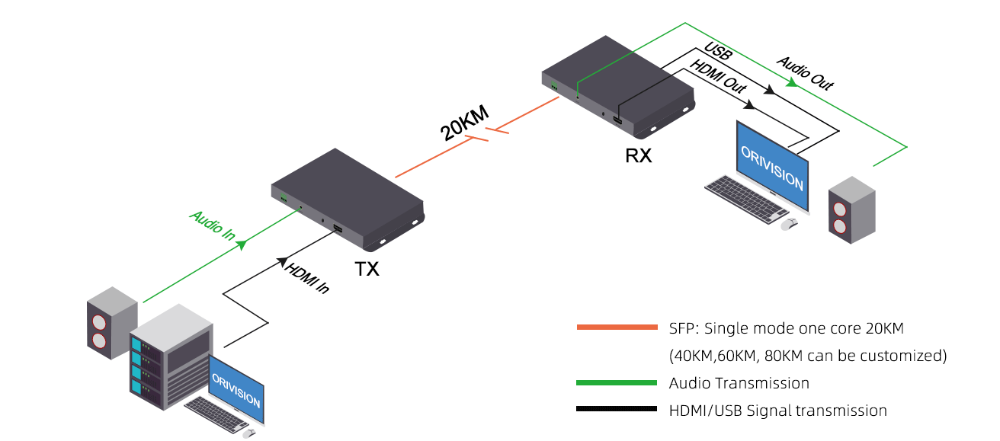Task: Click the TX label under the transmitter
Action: click(x=367, y=269)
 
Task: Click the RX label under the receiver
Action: click(x=638, y=155)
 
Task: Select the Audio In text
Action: click(x=212, y=226)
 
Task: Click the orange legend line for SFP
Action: click(x=617, y=328)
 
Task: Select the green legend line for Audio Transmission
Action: click(x=617, y=382)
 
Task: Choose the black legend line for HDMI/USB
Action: click(x=617, y=410)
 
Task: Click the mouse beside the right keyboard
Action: click(x=790, y=223)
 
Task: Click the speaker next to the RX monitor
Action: click(x=851, y=210)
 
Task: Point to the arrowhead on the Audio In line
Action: click(x=242, y=245)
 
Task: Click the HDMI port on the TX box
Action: click(x=337, y=229)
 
